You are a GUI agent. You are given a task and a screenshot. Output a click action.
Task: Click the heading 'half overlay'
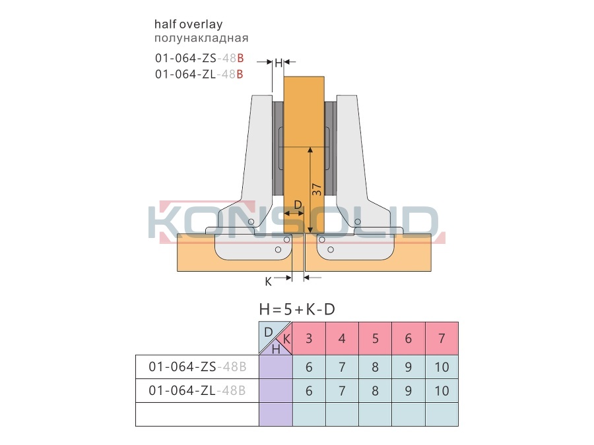[x=188, y=24]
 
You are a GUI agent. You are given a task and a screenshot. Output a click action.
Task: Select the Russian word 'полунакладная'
[x=201, y=38]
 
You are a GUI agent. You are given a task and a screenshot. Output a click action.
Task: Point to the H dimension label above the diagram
[x=279, y=63]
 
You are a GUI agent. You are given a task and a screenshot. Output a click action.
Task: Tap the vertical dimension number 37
[x=317, y=190]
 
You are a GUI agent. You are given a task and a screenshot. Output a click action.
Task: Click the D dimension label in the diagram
[x=298, y=205]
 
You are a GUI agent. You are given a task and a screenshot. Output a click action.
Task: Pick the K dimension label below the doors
[x=268, y=282]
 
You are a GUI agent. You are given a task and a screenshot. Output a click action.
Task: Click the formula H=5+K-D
[x=297, y=310]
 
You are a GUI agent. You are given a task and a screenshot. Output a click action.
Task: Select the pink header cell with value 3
[x=309, y=338]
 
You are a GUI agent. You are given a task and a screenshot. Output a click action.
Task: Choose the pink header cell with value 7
[x=442, y=338]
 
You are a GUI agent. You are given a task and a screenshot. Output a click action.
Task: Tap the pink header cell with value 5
[x=375, y=338]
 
